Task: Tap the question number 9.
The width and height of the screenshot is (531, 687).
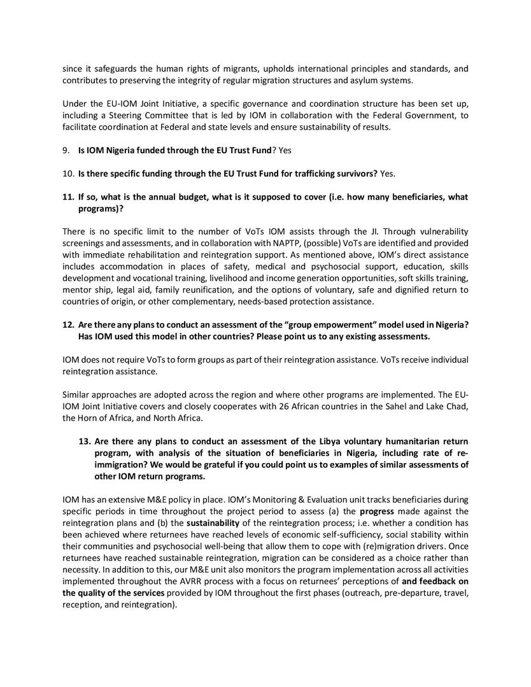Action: pyautogui.click(x=65, y=150)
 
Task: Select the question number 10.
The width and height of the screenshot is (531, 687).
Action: pyautogui.click(x=67, y=174)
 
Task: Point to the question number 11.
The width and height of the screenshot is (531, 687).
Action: pyautogui.click(x=67, y=197)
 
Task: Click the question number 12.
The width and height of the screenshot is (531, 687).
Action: pyautogui.click(x=67, y=324)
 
